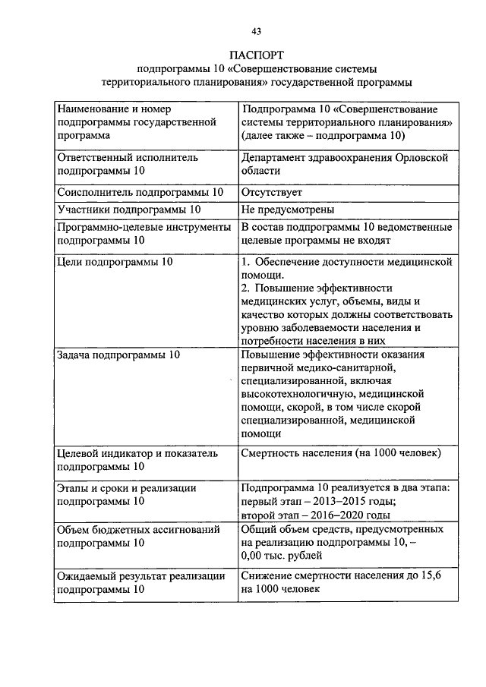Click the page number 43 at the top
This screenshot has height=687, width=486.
tap(256, 31)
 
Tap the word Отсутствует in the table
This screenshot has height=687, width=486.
tap(272, 193)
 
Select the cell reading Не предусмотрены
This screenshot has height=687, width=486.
tap(288, 210)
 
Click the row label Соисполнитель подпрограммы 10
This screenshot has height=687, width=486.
tap(140, 193)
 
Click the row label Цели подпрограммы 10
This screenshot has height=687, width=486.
tap(115, 262)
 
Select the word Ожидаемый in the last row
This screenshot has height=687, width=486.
tap(89, 576)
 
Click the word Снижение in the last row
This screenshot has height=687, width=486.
tap(267, 576)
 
